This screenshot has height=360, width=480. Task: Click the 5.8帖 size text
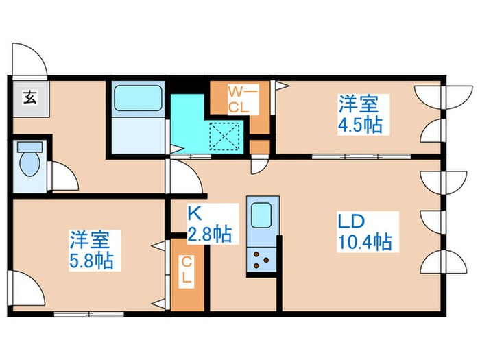tap(92, 261)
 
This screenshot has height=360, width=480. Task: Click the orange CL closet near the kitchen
tap(187, 273)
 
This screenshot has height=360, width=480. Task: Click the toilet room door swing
tap(64, 177)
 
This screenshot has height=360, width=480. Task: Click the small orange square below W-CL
tap(259, 146)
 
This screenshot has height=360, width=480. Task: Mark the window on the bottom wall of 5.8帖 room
tap(84, 314)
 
